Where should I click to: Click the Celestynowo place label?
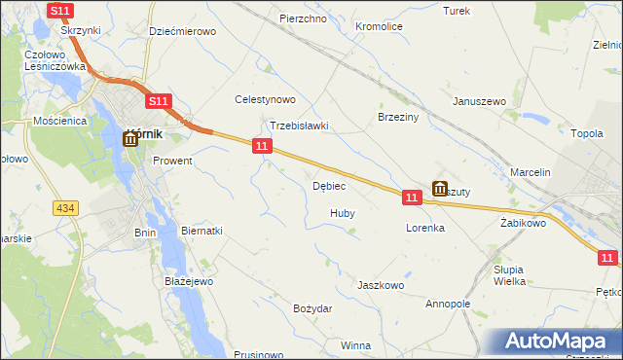point(265,99)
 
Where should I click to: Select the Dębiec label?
point(329,186)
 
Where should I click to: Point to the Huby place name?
point(342,213)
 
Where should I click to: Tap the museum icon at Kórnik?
point(130,139)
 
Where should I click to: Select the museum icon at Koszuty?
point(440,189)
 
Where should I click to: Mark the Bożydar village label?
point(312,308)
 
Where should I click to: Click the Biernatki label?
point(202,231)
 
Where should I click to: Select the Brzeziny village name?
point(397,116)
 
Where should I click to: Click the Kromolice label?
point(380,26)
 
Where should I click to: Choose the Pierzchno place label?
point(302,18)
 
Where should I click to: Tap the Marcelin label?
point(531,172)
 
